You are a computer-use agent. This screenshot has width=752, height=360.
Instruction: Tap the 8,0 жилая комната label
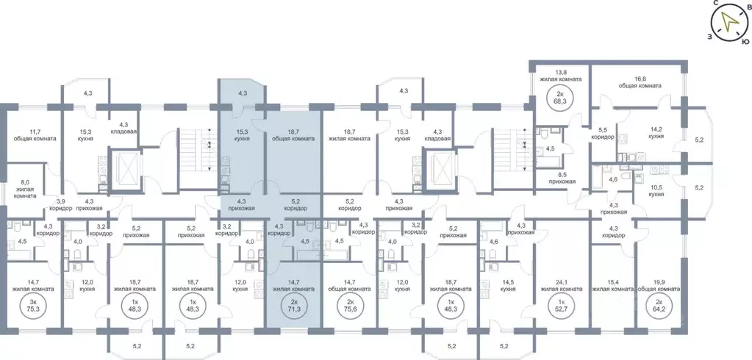point(26,190)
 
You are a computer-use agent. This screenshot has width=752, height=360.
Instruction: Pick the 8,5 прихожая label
point(566,178)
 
